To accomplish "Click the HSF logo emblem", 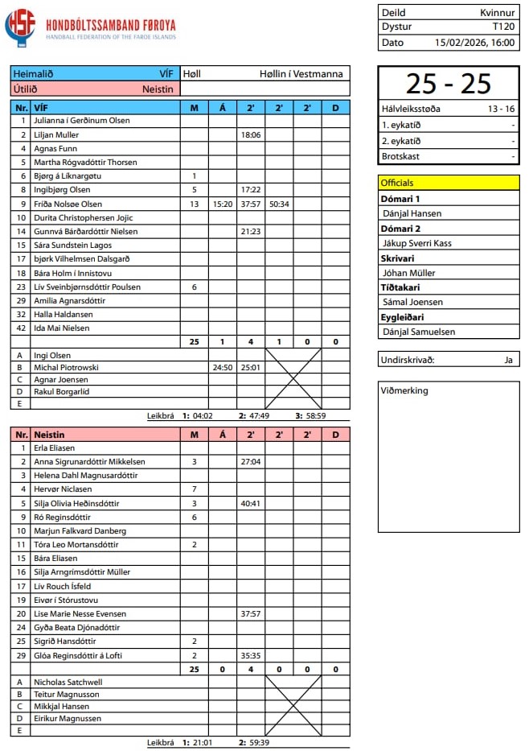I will coord(21,26).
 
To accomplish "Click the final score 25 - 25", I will coord(448,84).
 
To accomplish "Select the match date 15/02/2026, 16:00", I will coord(474,43).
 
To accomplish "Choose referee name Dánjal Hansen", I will coord(412,213).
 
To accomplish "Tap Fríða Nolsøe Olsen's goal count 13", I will coord(194,204).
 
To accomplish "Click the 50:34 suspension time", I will coord(279,204).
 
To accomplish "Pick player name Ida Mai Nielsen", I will coord(62,328).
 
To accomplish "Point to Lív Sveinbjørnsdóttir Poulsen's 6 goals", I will coord(194,287).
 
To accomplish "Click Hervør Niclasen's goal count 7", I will coord(194,489).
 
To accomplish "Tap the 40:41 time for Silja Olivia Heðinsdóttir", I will coord(251,503).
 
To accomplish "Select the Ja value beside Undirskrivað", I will coord(508,360).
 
